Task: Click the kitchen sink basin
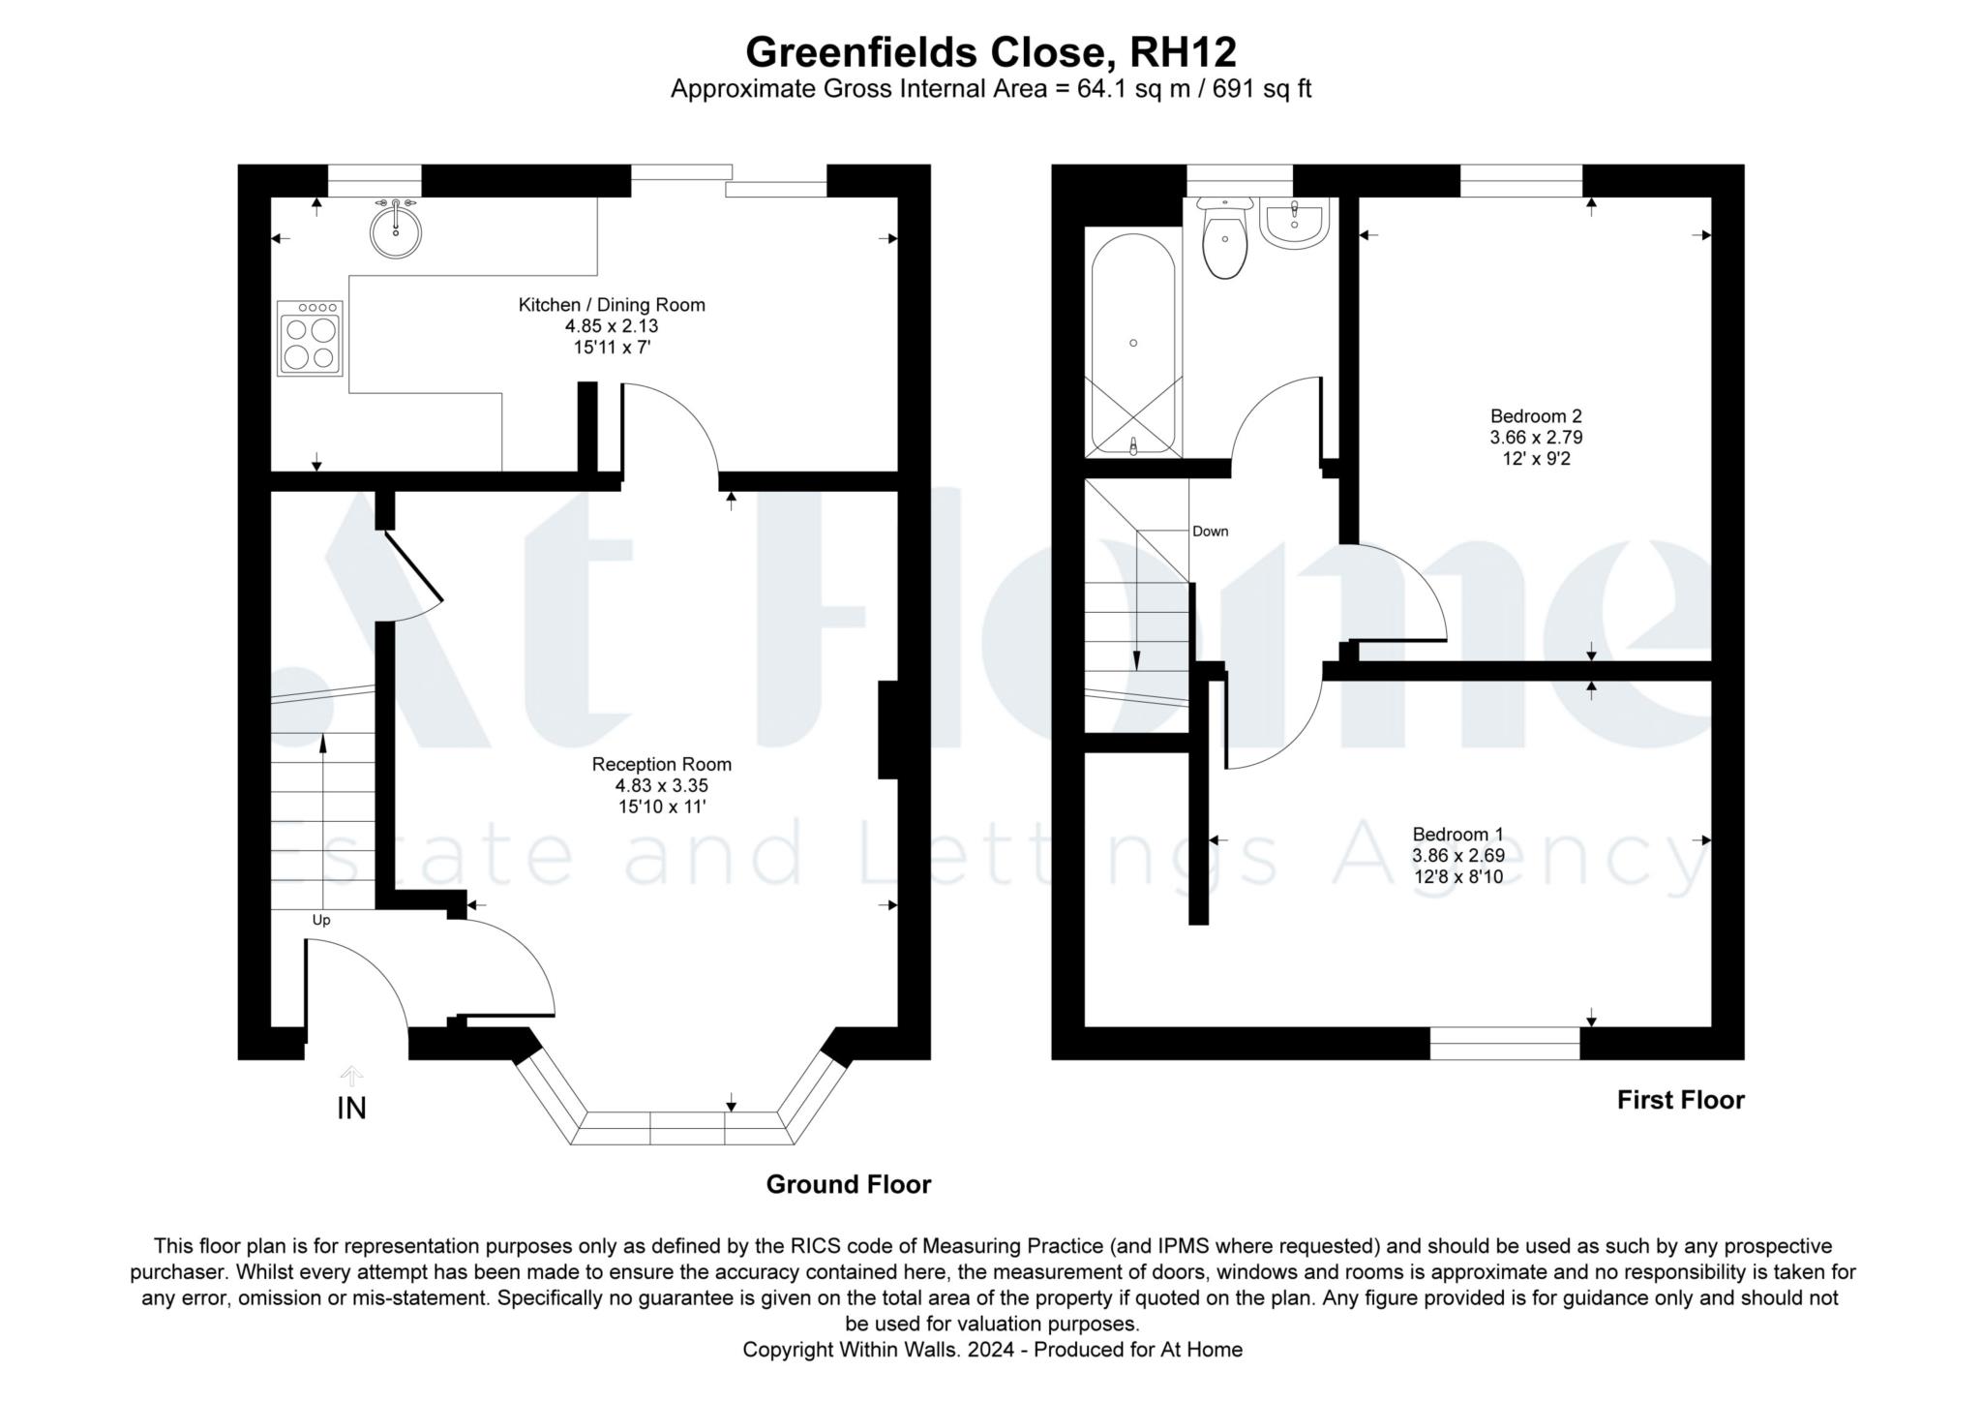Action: [x=395, y=229]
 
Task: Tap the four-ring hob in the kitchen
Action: [x=310, y=338]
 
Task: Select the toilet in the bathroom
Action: [x=1224, y=237]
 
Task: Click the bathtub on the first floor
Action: [x=1133, y=343]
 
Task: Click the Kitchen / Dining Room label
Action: [x=612, y=305]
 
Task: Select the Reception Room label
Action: [x=662, y=764]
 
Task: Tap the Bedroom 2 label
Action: [x=1536, y=416]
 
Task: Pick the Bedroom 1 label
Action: [x=1457, y=835]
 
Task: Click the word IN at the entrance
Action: [x=351, y=1109]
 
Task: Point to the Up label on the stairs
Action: [x=321, y=920]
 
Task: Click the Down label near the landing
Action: [x=1210, y=532]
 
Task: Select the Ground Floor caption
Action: [x=849, y=1184]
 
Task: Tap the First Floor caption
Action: [x=1681, y=1100]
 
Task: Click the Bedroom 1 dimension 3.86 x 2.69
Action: [x=1457, y=856]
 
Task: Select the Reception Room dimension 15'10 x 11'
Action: [x=662, y=807]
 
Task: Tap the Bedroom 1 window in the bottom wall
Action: [x=1505, y=1044]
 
